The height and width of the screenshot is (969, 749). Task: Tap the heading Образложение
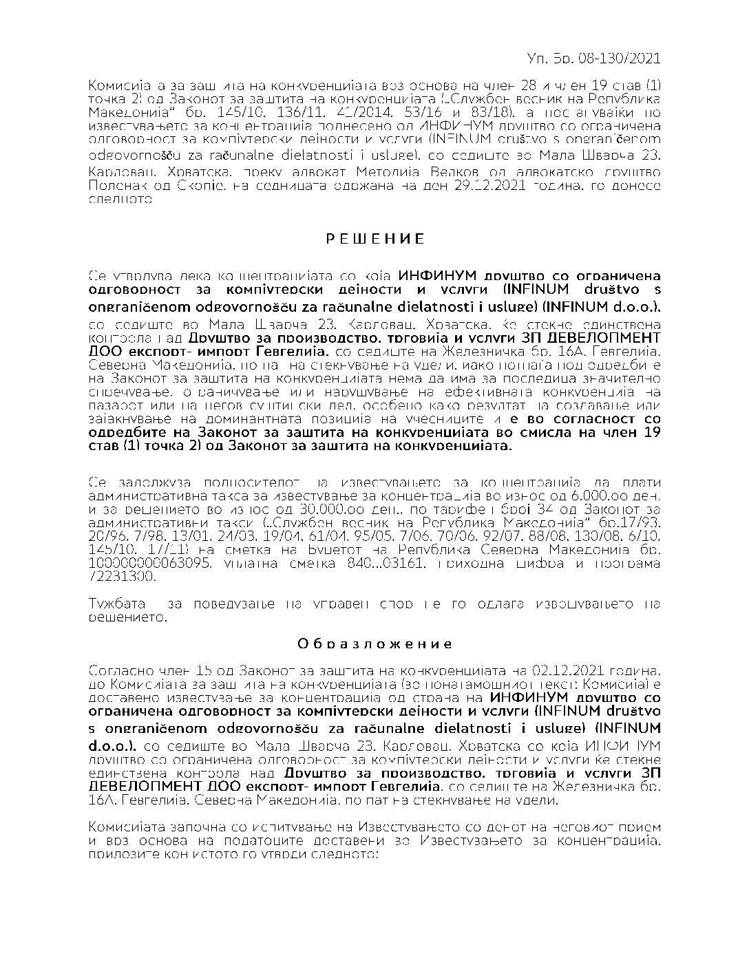pos(374,644)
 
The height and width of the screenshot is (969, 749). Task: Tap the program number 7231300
pos(122,577)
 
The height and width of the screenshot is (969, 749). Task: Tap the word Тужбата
pos(117,604)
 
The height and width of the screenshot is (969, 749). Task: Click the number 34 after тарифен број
pos(506,509)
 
